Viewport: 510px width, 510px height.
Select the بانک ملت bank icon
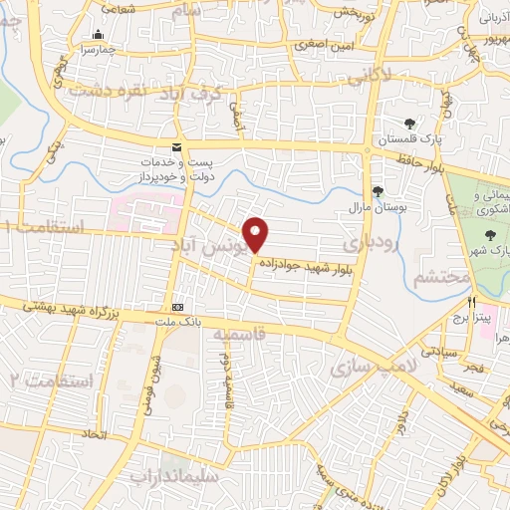[178, 307]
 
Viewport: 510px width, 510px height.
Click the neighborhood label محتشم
[436, 277]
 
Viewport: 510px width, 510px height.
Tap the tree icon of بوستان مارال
[377, 192]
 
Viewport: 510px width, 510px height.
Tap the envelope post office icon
[176, 147]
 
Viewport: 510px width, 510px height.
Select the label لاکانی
[393, 76]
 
